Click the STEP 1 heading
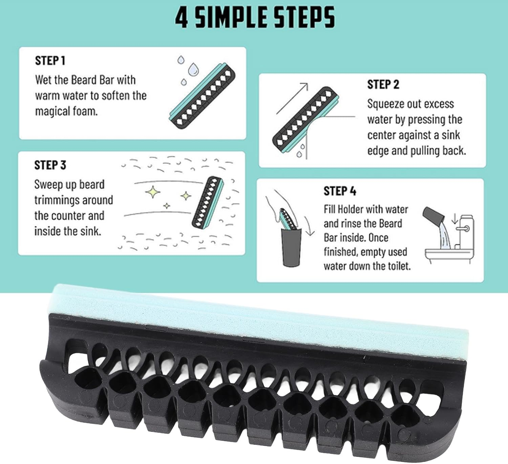[x=50, y=61]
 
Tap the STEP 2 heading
[x=383, y=85]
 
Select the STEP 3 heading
[x=50, y=165]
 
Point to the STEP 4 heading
[x=340, y=191]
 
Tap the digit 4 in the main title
[x=182, y=18]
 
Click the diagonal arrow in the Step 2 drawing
[x=292, y=98]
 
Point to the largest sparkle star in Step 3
[x=152, y=192]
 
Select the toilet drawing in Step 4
[x=449, y=239]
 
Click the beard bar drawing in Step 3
[x=208, y=203]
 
